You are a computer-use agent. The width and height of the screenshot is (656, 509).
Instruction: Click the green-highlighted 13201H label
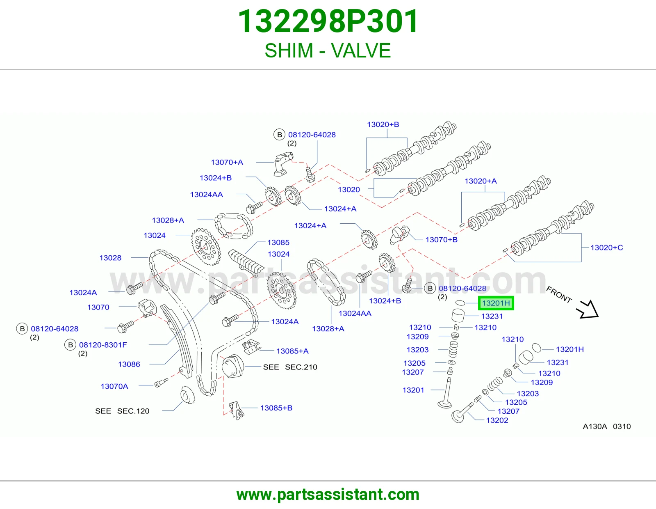(496, 303)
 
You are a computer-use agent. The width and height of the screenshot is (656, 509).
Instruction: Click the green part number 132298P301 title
(328, 21)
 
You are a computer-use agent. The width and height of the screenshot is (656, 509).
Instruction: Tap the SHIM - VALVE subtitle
(328, 50)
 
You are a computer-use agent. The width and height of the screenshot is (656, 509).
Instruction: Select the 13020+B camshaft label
(383, 124)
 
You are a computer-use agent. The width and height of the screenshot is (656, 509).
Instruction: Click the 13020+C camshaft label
(606, 248)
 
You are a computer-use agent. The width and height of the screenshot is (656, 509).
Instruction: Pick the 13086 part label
(129, 364)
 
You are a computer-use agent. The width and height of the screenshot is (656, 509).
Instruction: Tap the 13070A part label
(114, 386)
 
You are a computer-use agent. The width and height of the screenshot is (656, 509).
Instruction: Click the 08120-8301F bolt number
(103, 344)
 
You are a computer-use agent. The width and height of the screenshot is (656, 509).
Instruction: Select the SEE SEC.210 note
(290, 367)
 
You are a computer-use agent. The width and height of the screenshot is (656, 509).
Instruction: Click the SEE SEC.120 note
(122, 411)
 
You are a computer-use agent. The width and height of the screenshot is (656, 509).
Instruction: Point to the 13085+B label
(276, 408)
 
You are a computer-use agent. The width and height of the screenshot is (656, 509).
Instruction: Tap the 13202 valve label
(497, 420)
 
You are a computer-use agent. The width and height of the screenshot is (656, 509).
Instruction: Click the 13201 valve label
(413, 390)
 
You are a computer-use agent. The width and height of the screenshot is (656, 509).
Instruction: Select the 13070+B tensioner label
(441, 240)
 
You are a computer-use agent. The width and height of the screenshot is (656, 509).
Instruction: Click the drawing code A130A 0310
(606, 426)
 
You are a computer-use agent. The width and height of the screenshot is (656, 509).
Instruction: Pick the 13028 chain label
(110, 258)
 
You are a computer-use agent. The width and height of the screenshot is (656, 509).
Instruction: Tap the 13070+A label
(227, 162)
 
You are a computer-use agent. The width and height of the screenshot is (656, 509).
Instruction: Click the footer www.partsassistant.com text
(328, 495)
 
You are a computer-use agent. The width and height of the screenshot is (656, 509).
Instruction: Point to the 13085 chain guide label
(278, 243)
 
